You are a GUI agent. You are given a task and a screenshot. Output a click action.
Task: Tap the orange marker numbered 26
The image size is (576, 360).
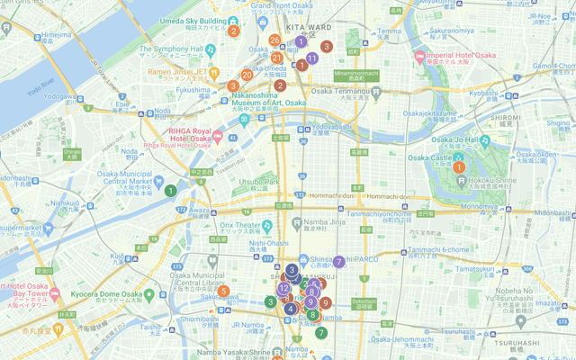pos(274,41)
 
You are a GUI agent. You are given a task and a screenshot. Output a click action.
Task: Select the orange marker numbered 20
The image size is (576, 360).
pos(247,75)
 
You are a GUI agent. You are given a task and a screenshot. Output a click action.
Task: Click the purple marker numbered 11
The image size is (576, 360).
pos(311,58)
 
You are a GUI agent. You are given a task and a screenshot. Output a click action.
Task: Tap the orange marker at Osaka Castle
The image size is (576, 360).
pos(459,166)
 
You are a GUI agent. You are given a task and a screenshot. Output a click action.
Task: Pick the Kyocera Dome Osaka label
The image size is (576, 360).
pos(107,294)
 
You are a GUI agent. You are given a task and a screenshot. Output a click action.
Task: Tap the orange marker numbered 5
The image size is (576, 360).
pos(223,292)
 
